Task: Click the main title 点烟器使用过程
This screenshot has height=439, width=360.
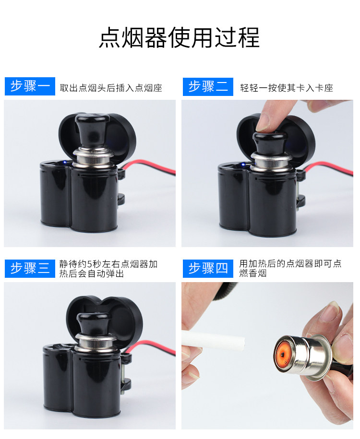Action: pos(180,37)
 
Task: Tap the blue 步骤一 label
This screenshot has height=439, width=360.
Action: pos(30,86)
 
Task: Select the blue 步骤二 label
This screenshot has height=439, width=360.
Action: pos(208,87)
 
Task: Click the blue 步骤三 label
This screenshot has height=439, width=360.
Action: pos(30,269)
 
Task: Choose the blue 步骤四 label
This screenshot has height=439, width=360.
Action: pos(208,269)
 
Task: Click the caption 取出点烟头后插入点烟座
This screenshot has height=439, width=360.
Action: pos(111,88)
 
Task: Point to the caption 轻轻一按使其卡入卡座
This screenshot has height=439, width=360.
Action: pos(286,88)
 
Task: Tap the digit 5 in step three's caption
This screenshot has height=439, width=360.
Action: pos(90,264)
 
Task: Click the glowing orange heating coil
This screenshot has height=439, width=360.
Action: pos(284,355)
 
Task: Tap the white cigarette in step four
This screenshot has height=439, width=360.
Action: pos(214,340)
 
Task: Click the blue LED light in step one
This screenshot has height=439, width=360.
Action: pos(65,162)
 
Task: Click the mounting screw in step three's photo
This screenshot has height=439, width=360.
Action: pos(123,372)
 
